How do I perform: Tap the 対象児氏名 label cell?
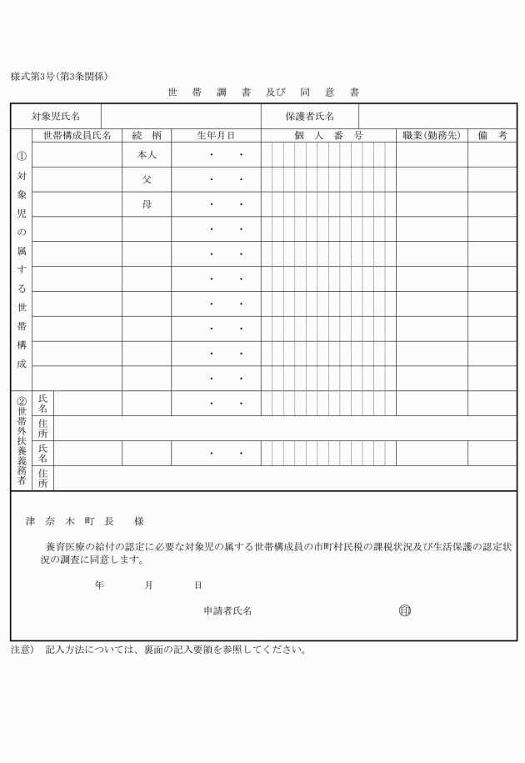[x=56, y=116]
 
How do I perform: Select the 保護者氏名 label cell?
[x=310, y=116]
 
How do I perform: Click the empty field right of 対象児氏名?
[x=181, y=116]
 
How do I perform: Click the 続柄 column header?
[x=147, y=135]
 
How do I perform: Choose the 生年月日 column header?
[x=216, y=135]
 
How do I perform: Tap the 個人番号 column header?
[x=327, y=135]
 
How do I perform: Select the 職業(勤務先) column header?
[x=431, y=135]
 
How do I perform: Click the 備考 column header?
[x=492, y=135]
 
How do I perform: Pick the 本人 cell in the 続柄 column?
[x=147, y=155]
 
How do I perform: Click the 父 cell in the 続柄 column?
[x=147, y=179]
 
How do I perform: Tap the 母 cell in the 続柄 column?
[x=147, y=204]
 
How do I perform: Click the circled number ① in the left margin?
[x=22, y=156]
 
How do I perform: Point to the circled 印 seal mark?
[x=405, y=610]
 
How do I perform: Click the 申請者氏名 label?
[x=227, y=611]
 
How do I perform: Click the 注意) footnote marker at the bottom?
[x=22, y=650]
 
